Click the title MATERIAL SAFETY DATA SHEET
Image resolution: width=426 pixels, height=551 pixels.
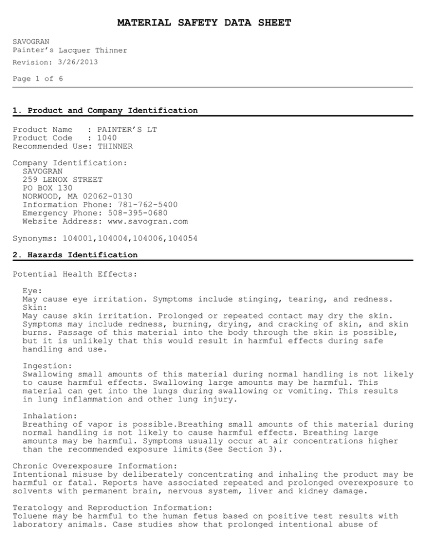click(x=204, y=23)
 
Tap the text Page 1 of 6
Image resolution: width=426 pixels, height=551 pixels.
click(x=38, y=79)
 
